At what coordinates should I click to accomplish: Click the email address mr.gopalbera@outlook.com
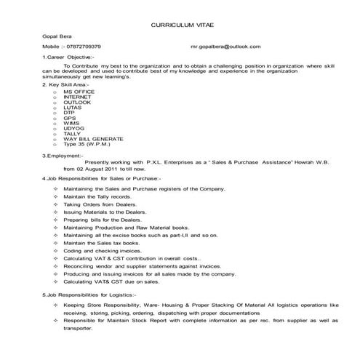[225, 46]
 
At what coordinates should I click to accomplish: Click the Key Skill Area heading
[65, 84]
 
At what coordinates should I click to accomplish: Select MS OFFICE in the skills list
[80, 91]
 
